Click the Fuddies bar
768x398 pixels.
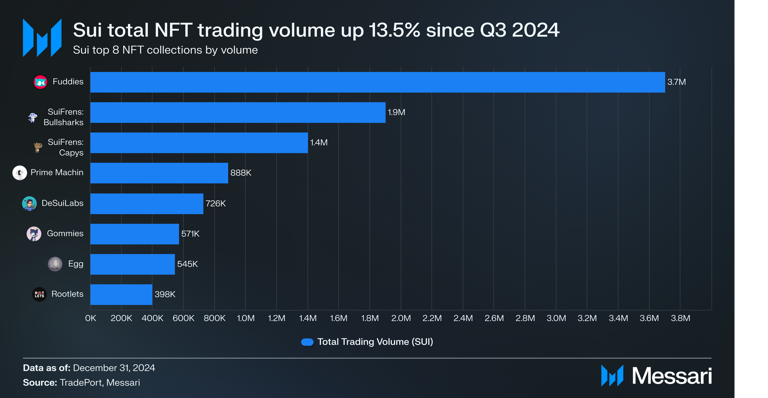point(377,82)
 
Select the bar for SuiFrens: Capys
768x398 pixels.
point(199,143)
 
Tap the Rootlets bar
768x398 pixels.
point(121,294)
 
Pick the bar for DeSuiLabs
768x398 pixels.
point(147,203)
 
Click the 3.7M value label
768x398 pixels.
point(676,82)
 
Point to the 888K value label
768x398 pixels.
point(241,173)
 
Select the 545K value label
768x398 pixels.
point(187,264)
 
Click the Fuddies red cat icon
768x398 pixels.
point(40,82)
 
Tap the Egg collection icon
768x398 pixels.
point(55,264)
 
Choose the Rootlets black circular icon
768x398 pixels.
point(39,294)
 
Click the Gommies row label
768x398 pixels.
point(65,234)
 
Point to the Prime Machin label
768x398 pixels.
point(57,173)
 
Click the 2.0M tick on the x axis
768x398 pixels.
point(401,318)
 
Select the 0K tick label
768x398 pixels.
point(91,318)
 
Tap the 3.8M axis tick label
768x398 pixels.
point(680,318)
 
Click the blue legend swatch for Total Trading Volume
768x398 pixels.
point(307,342)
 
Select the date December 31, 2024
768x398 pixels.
point(114,368)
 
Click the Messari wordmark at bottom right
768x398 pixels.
point(671,376)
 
